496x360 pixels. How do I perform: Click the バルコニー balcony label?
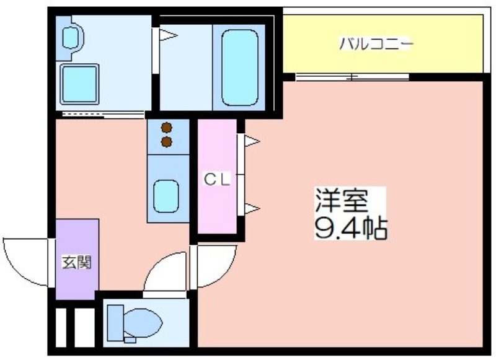(x=376, y=45)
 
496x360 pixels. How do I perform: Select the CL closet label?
(x=218, y=180)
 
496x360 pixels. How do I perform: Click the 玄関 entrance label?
(x=76, y=262)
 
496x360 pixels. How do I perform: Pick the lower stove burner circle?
(x=166, y=142)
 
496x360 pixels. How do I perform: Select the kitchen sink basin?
(x=166, y=195)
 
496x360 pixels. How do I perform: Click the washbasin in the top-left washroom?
(x=70, y=38)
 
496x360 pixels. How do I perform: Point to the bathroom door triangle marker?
(x=168, y=35)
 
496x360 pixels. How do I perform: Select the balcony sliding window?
(x=352, y=77)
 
